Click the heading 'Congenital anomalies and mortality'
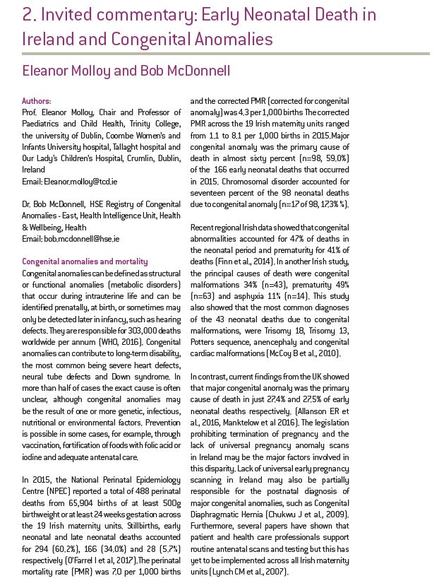pos(85,260)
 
